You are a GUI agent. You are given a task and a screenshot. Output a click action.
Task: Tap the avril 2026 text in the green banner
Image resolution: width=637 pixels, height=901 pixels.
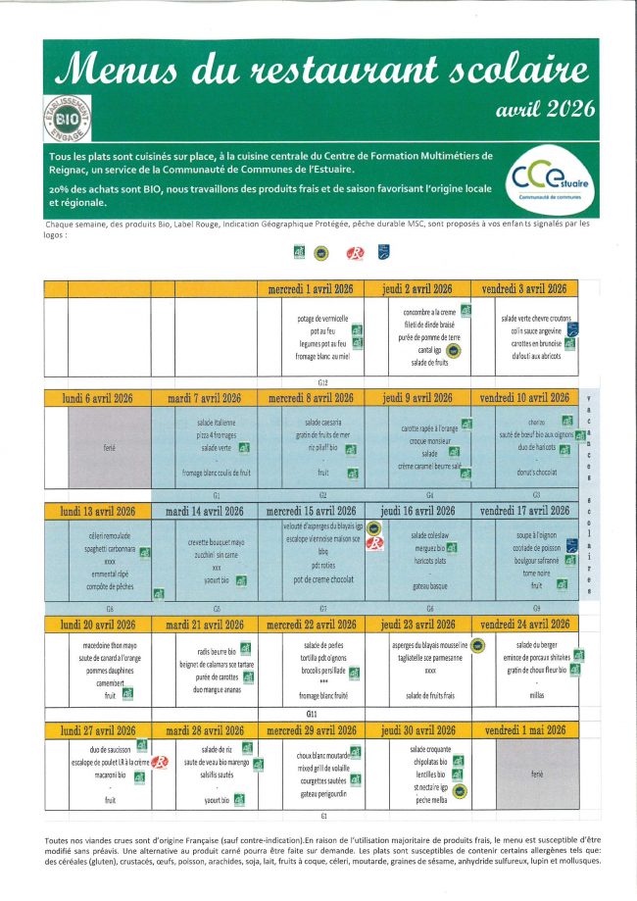[546, 110]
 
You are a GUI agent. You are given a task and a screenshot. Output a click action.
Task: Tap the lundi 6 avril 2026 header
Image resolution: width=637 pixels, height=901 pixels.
[98, 398]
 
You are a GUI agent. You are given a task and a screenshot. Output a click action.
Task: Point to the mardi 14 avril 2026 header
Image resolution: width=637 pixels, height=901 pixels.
[204, 511]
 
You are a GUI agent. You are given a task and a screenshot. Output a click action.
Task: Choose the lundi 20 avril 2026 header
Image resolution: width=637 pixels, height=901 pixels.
[98, 625]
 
